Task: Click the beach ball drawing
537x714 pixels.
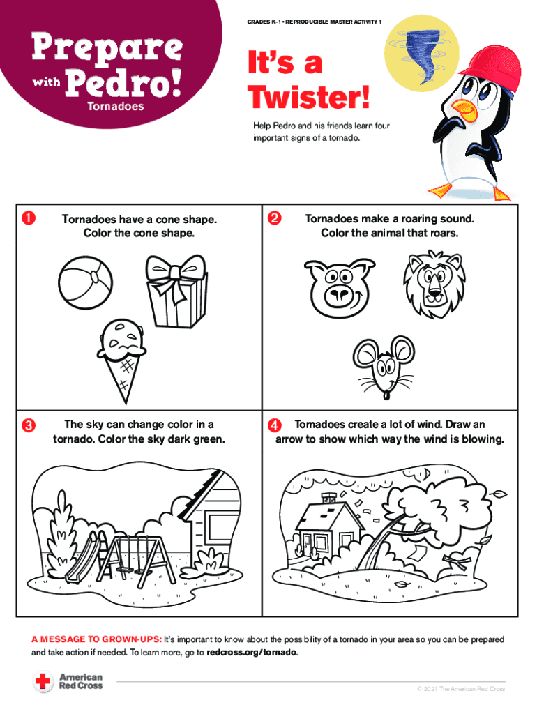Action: [x=85, y=283]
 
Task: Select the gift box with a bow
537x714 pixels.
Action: [x=176, y=291]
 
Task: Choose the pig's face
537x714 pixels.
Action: [x=340, y=288]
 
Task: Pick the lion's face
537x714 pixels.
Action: [x=434, y=284]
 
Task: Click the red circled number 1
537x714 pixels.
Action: [x=28, y=218]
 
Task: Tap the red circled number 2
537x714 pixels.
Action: [x=275, y=218]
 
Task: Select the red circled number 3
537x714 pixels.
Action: [x=28, y=425]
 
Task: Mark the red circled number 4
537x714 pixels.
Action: [x=275, y=425]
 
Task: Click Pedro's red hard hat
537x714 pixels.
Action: [x=492, y=69]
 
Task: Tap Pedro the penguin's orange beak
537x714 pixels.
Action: [x=465, y=109]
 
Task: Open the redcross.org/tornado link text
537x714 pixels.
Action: [x=252, y=653]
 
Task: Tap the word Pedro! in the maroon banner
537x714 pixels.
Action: [x=123, y=84]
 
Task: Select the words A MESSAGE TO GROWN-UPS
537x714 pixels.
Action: [x=96, y=639]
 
